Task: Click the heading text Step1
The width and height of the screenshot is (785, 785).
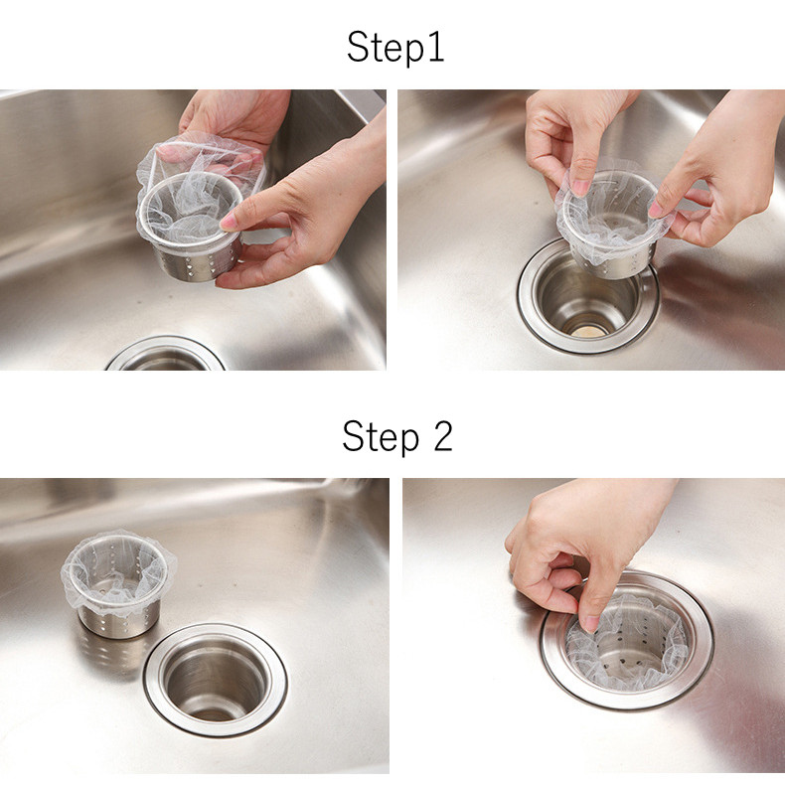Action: click(x=395, y=47)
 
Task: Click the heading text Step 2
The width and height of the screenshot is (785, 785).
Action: click(x=397, y=435)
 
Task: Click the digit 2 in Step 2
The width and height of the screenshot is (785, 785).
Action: click(x=442, y=435)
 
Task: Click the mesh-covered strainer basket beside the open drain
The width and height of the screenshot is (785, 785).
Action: click(x=118, y=583)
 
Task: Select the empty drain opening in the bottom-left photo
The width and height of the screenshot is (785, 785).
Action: click(x=216, y=681)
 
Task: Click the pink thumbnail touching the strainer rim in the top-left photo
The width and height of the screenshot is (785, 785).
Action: click(x=229, y=222)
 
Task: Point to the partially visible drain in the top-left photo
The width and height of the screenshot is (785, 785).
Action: click(x=165, y=355)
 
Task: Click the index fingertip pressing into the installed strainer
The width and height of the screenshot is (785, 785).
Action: click(x=591, y=624)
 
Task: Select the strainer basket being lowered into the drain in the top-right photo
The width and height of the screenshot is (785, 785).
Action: click(x=613, y=221)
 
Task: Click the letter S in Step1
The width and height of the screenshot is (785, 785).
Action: click(x=357, y=47)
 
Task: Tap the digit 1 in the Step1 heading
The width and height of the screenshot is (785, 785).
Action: click(x=437, y=47)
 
